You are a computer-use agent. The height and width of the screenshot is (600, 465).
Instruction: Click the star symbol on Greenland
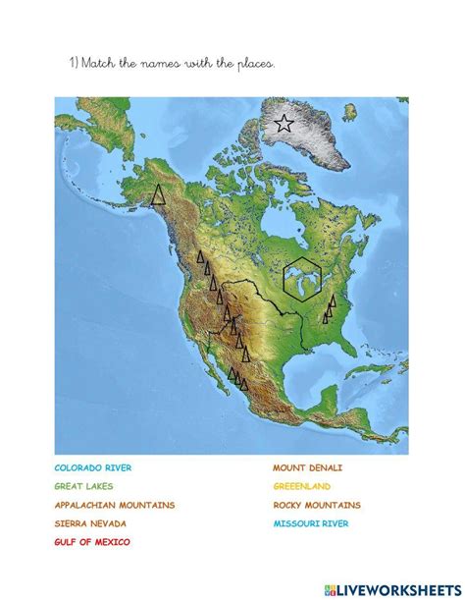(x=284, y=124)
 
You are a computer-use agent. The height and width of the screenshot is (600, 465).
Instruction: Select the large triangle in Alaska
(x=157, y=194)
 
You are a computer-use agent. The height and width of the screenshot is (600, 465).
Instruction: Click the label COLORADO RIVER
(x=93, y=468)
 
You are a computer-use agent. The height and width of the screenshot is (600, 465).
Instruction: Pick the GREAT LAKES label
(x=83, y=486)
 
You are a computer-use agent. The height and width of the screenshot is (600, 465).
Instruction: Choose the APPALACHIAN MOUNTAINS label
(x=115, y=505)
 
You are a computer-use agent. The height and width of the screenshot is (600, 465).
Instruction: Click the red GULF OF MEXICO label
(x=91, y=541)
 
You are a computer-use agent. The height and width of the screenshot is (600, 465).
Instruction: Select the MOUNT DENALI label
(x=308, y=468)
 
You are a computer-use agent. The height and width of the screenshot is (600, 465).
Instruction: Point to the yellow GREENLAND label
(x=302, y=486)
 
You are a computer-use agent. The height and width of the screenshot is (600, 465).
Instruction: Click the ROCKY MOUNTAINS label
(x=317, y=505)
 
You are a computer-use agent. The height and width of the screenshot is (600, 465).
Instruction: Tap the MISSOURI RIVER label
(x=311, y=523)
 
